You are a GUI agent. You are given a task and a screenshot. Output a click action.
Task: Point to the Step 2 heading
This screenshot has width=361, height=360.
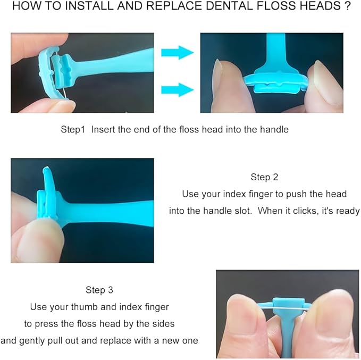click(x=264, y=177)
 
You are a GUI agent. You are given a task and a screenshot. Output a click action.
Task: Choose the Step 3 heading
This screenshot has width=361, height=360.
click(x=99, y=290)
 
